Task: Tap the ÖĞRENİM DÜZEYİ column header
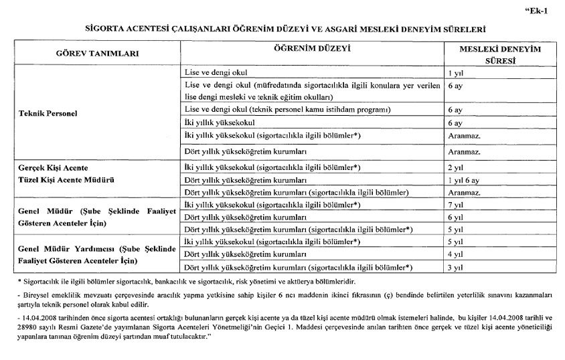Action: [312, 49]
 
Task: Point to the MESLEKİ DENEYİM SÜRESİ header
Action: [494, 54]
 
